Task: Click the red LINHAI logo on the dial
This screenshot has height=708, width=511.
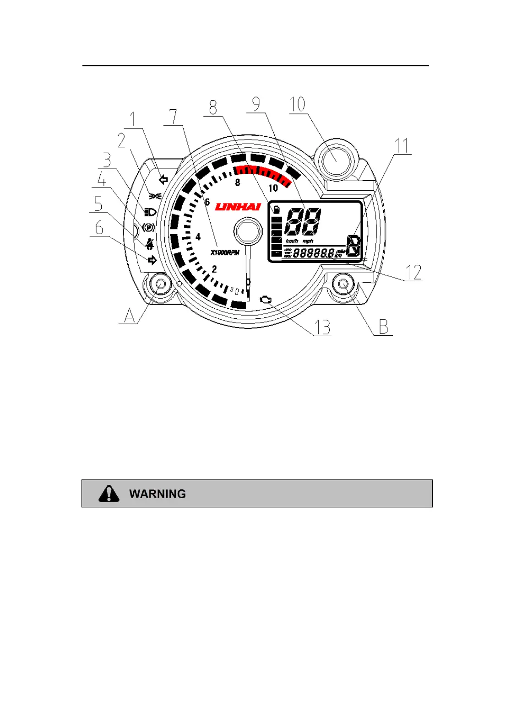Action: [x=238, y=207]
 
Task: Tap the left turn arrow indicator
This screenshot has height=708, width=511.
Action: [x=163, y=180]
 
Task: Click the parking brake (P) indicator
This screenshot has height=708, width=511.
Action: [x=149, y=227]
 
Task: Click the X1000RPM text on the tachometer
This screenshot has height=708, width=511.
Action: [x=225, y=252]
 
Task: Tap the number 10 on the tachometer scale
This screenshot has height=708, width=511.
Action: [x=273, y=188]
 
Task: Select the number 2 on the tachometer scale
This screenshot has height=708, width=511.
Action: [x=214, y=269]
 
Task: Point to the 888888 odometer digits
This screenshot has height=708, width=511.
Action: [x=313, y=252]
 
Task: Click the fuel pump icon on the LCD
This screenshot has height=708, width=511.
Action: [x=277, y=210]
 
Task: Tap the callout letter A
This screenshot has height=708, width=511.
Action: [x=130, y=315]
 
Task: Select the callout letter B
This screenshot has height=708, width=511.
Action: [x=384, y=327]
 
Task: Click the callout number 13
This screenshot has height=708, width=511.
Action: [x=322, y=327]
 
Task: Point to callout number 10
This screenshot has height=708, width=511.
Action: [x=297, y=104]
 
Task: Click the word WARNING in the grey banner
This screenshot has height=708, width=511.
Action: [x=158, y=494]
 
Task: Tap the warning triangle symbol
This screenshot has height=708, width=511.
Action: [x=109, y=493]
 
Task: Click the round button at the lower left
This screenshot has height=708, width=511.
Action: [x=160, y=284]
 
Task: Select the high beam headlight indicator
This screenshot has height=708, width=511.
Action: [x=150, y=212]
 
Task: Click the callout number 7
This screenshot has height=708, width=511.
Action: [x=173, y=117]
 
